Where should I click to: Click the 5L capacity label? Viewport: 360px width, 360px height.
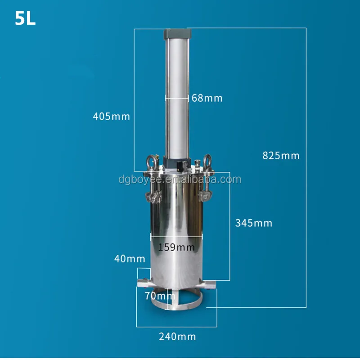[25, 19]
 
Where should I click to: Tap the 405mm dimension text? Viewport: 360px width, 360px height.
[111, 117]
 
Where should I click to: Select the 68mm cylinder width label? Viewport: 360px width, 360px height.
[207, 98]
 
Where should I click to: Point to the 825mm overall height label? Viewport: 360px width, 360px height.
[281, 156]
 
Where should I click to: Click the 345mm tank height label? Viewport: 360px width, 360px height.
[254, 223]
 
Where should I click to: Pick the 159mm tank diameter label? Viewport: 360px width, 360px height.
[176, 247]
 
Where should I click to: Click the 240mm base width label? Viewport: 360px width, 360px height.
[177, 336]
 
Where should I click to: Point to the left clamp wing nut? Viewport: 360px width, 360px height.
[152, 196]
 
